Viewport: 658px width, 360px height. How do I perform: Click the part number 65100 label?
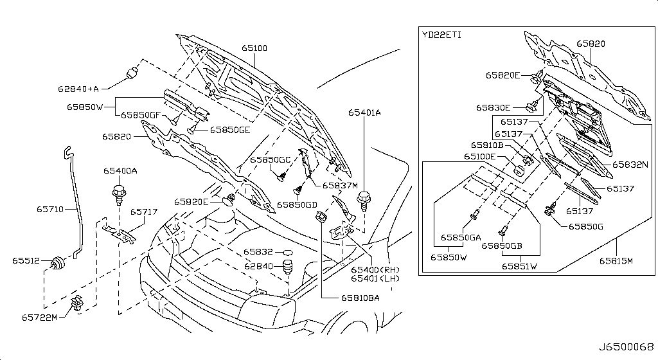click(x=254, y=48)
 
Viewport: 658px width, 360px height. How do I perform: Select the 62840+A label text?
click(x=78, y=89)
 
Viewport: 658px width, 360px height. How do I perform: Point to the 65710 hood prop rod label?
click(x=50, y=209)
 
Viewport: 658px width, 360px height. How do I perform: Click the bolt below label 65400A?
click(x=118, y=194)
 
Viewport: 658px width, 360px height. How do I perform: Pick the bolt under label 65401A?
click(x=364, y=199)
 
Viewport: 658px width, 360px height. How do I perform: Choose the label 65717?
click(x=144, y=212)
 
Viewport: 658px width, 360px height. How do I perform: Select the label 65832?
click(x=258, y=252)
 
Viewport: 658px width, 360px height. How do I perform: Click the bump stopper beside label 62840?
click(x=287, y=267)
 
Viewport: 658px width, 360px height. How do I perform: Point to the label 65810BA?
click(x=360, y=298)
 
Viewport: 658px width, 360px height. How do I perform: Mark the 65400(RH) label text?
click(x=375, y=270)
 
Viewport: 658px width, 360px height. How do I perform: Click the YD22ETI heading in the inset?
click(x=441, y=35)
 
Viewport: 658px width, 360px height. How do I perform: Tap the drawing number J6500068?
click(x=626, y=347)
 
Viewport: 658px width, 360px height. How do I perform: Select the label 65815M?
click(x=616, y=261)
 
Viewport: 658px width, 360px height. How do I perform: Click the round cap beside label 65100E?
click(x=520, y=171)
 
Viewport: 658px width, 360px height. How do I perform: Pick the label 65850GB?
click(x=501, y=246)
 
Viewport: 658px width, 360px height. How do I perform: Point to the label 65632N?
click(x=630, y=165)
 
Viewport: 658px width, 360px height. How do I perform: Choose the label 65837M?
click(x=340, y=185)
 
